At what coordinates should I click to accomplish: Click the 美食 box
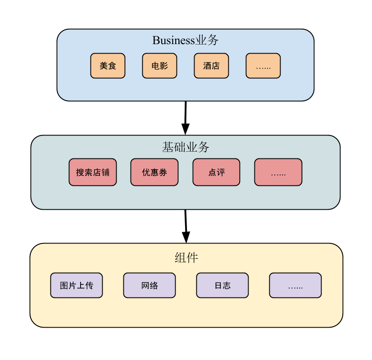pyautogui.click(x=108, y=66)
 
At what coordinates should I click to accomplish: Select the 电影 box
pyautogui.click(x=159, y=66)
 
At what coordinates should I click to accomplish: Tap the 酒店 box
pyautogui.click(x=211, y=66)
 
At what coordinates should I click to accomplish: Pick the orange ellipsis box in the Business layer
pyautogui.click(x=263, y=66)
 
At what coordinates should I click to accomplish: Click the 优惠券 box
pyautogui.click(x=154, y=172)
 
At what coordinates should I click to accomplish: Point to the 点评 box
pyautogui.click(x=216, y=172)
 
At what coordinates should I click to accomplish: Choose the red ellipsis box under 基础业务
pyautogui.click(x=278, y=172)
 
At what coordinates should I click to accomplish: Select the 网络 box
pyautogui.click(x=150, y=285)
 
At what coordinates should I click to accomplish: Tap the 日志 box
pyautogui.click(x=222, y=285)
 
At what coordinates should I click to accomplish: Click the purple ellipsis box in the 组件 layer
pyautogui.click(x=295, y=285)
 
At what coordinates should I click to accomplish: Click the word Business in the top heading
pyautogui.click(x=173, y=40)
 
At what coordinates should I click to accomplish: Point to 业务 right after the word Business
pyautogui.click(x=207, y=40)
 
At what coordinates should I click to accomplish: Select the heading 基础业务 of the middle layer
pyautogui.click(x=186, y=147)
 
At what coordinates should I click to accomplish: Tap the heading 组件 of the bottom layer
pyautogui.click(x=186, y=258)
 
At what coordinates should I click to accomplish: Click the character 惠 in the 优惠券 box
pyautogui.click(x=154, y=172)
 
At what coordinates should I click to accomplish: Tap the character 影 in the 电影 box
pyautogui.click(x=164, y=66)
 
